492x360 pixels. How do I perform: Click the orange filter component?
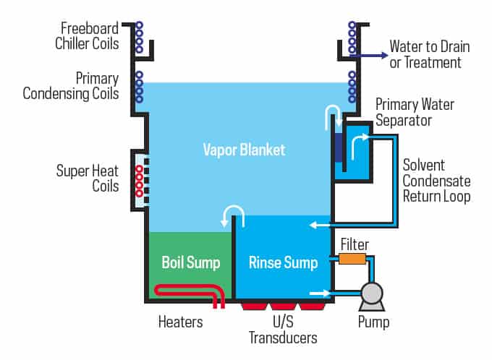[352, 258]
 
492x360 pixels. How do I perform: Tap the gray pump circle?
[372, 293]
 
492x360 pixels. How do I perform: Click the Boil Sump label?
[190, 262]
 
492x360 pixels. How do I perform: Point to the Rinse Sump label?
[283, 262]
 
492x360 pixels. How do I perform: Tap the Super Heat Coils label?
[88, 179]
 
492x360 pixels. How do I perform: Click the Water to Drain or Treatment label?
[429, 54]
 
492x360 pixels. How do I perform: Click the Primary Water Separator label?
[415, 113]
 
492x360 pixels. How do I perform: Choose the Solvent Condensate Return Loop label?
[436, 181]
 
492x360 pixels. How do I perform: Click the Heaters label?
[180, 321]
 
